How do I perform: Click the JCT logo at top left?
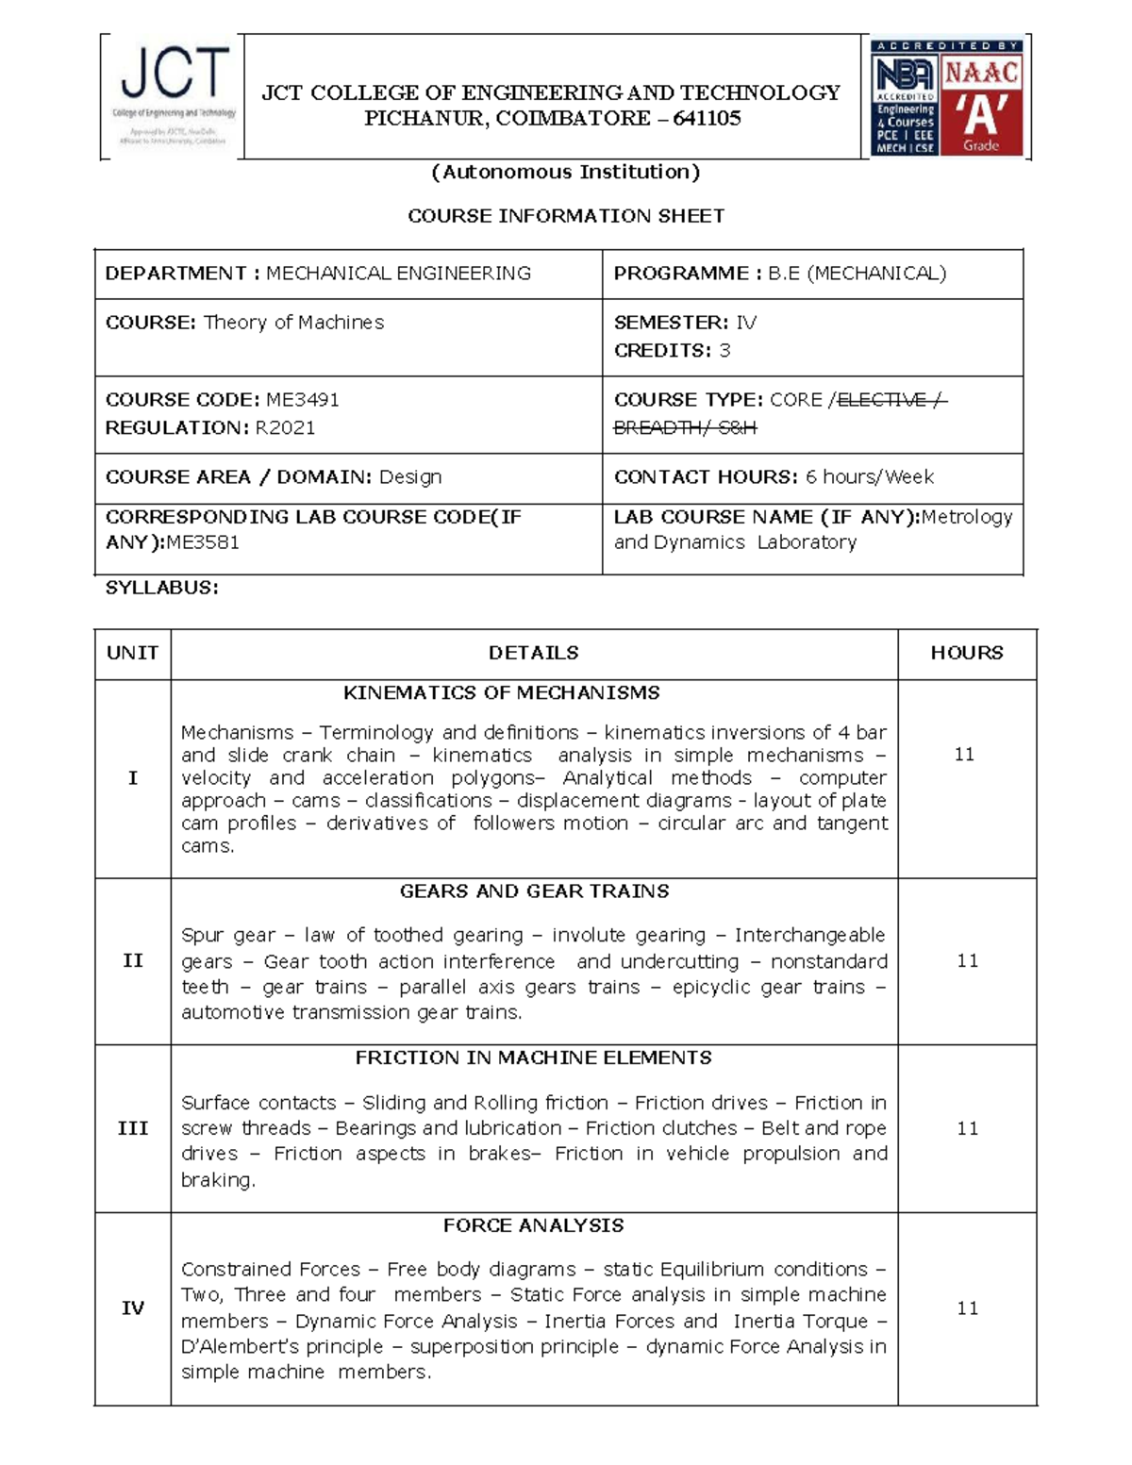click(173, 94)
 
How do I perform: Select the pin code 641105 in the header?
click(707, 119)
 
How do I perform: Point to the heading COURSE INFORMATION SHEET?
click(566, 216)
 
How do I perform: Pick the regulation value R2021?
click(285, 428)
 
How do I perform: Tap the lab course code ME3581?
click(203, 542)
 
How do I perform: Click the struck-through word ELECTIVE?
click(882, 400)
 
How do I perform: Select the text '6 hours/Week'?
click(869, 477)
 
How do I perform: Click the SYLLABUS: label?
click(161, 588)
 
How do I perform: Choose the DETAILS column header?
click(533, 653)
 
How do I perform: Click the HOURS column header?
click(967, 653)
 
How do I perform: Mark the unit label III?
click(132, 1128)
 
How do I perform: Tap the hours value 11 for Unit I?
click(964, 755)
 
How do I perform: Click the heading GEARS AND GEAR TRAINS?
click(534, 891)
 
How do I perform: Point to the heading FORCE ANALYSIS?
click(533, 1225)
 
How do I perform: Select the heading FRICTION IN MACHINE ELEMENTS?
click(533, 1058)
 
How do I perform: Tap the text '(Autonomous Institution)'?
click(566, 172)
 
